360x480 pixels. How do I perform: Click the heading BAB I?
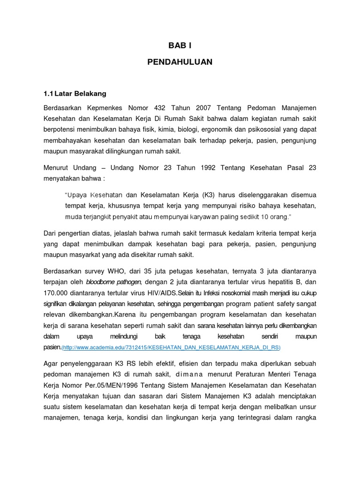click(x=180, y=45)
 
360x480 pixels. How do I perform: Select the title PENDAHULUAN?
click(x=180, y=62)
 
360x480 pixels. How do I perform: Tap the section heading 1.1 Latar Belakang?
click(x=75, y=94)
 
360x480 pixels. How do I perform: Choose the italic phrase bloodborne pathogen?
click(x=114, y=282)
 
